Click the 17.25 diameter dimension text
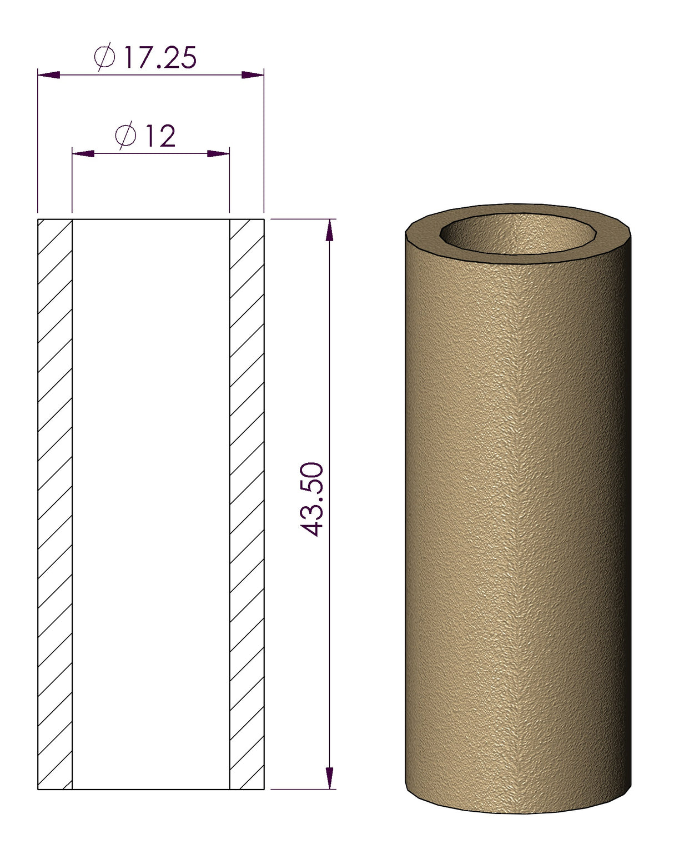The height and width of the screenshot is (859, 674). point(159,57)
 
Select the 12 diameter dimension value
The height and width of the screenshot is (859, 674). point(160,136)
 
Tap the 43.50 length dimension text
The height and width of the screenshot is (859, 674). point(313,498)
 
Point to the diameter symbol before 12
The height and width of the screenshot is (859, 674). point(126,136)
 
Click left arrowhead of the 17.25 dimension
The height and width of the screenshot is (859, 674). point(49,75)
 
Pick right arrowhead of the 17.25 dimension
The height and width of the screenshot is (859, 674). point(253,75)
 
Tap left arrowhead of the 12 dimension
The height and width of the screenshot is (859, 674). point(83,153)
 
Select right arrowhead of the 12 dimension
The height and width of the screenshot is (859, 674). point(218,153)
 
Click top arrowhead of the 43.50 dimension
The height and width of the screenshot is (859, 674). point(330,230)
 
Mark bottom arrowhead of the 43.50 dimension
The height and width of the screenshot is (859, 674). point(330,778)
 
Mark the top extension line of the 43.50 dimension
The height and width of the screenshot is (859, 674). point(303,219)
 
